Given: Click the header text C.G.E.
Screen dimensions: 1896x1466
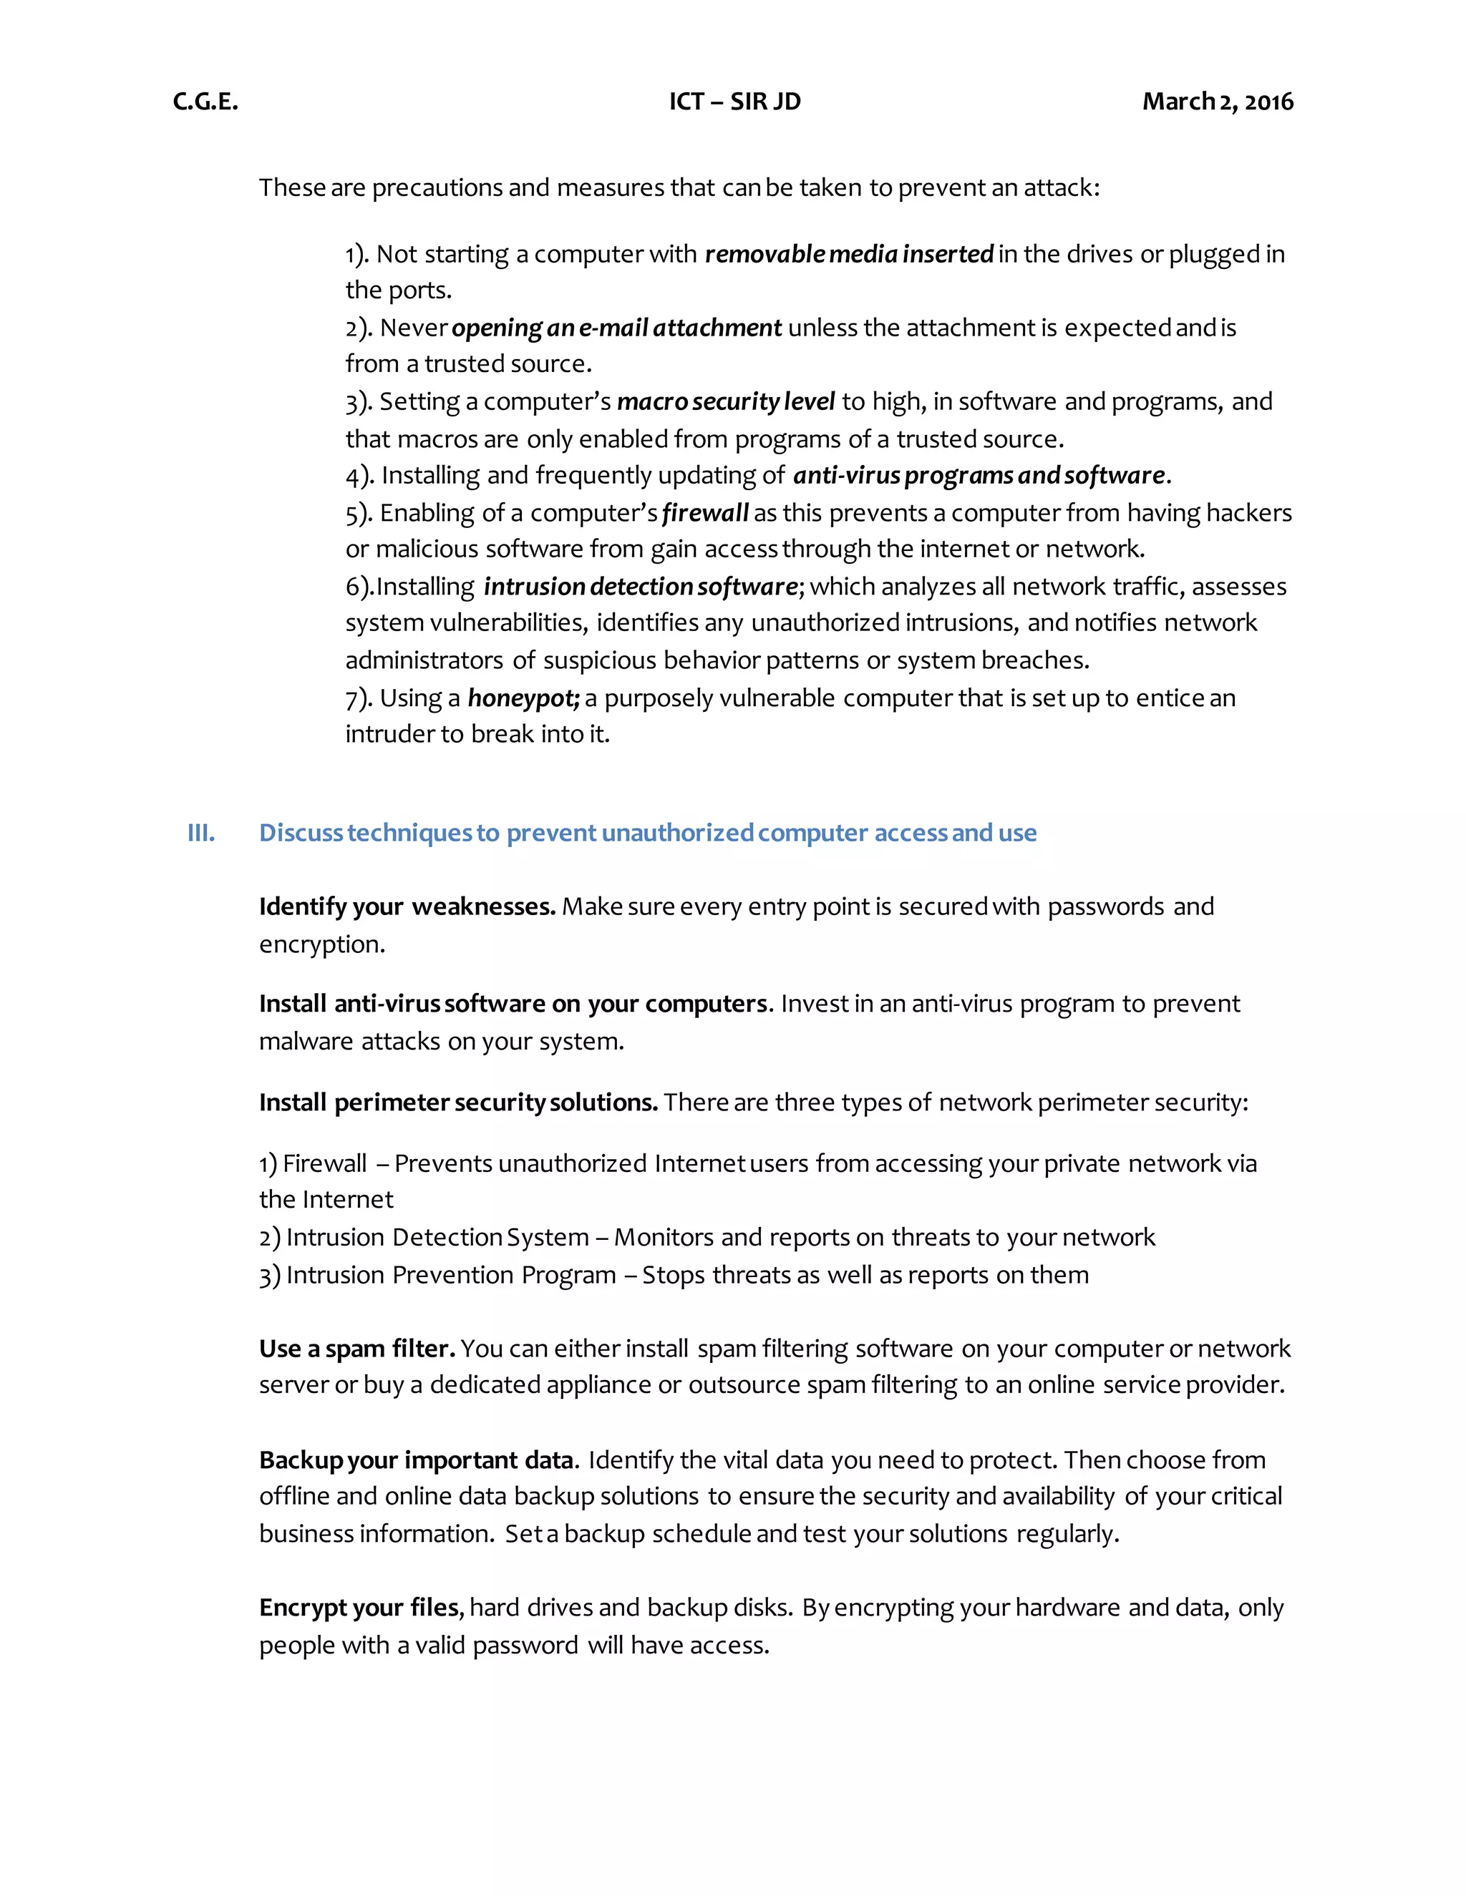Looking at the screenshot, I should (205, 102).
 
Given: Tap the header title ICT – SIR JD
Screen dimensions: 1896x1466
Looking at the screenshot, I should (734, 102).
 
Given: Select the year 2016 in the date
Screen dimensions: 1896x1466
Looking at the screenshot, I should (1269, 102).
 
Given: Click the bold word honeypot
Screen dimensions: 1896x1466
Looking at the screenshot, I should (523, 698).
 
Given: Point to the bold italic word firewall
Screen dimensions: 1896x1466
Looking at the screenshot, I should (704, 513).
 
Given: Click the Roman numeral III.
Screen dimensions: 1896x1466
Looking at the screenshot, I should (200, 833).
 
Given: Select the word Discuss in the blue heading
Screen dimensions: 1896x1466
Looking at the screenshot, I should (301, 833).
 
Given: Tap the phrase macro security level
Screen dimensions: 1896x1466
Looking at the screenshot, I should (725, 402).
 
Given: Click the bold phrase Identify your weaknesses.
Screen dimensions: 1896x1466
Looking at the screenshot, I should (407, 907).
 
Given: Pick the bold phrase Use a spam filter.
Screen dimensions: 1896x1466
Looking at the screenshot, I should (357, 1348).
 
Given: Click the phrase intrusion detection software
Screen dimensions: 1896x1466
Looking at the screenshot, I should (640, 587).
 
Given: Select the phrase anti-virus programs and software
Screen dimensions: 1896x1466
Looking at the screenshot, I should (979, 476).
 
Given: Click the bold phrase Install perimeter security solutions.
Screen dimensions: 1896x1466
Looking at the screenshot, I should (457, 1103).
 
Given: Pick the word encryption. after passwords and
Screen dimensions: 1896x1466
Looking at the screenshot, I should (321, 944).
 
